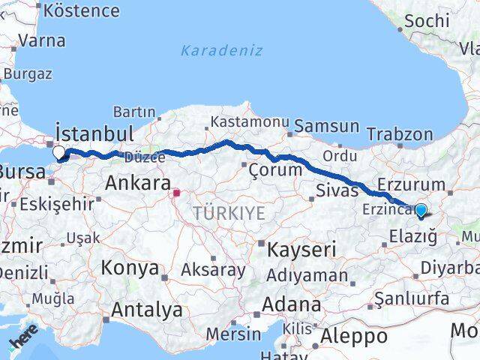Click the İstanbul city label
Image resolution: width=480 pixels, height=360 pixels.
tap(95, 134)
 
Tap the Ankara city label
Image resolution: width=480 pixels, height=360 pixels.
tap(137, 182)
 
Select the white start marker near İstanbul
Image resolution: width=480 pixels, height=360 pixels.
tap(59, 152)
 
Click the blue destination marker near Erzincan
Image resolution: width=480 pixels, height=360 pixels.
tap(421, 211)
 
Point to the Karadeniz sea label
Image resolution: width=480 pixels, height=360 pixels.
tap(221, 50)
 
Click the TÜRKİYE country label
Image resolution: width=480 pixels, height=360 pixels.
tap(229, 213)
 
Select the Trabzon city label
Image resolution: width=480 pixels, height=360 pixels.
tap(400, 135)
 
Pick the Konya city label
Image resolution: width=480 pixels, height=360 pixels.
tap(130, 268)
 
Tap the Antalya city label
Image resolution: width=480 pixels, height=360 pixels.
tap(146, 309)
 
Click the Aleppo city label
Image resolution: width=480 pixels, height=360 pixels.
tap(353, 335)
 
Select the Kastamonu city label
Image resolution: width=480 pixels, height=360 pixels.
tap(249, 121)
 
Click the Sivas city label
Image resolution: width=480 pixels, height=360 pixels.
tap(337, 189)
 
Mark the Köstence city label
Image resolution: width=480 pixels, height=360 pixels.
tap(82, 10)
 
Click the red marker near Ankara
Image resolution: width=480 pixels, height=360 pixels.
tap(177, 193)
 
